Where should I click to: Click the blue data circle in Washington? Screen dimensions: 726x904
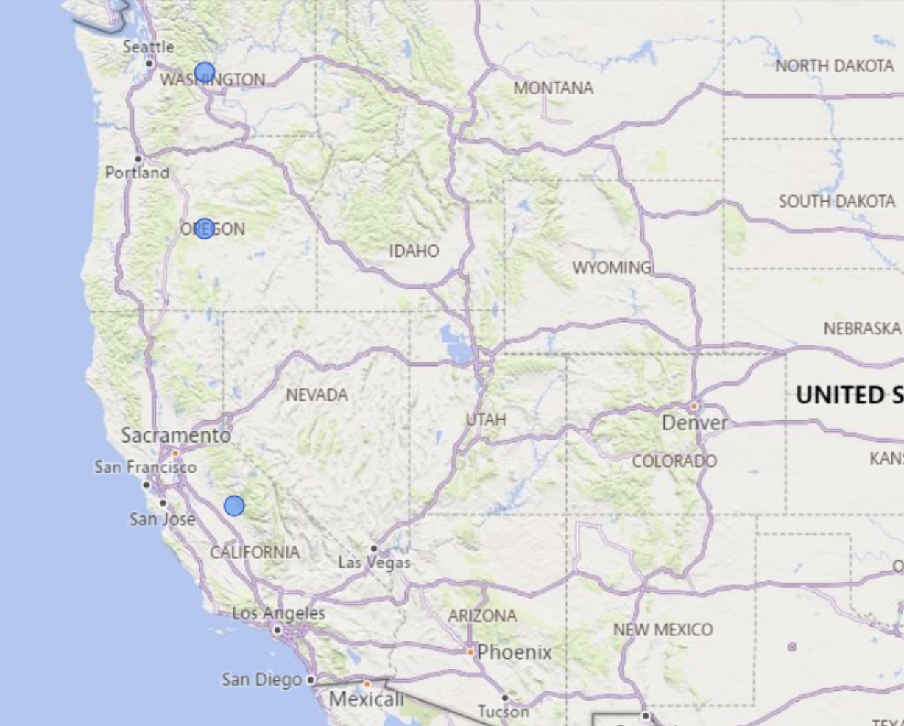coord(205,73)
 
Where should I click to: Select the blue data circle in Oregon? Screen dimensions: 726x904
coord(205,228)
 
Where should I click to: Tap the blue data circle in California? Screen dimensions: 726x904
coord(234,506)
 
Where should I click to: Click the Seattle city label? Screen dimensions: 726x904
coord(149,47)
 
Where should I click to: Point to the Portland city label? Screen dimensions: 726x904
coord(137,173)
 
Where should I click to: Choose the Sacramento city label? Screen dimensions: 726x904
coord(176,435)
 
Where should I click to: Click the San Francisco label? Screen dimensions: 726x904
coord(146,467)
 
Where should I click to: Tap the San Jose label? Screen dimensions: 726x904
coord(163,519)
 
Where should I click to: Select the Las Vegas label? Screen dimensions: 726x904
coord(374,563)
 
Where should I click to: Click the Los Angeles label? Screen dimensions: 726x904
coord(278,613)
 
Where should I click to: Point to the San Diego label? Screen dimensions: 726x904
coord(262,680)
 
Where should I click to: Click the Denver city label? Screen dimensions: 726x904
coord(695,423)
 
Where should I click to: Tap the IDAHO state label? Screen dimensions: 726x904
coord(414,251)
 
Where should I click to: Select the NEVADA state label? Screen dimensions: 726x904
coord(317,395)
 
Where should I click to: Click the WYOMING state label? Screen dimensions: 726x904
coord(612,267)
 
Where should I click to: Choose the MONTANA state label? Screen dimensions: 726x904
coord(553,88)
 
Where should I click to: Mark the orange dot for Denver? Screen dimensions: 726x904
coord(693,406)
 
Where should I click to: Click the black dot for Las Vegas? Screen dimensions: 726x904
coord(374,549)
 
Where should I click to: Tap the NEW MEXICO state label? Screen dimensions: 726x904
coord(663,630)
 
